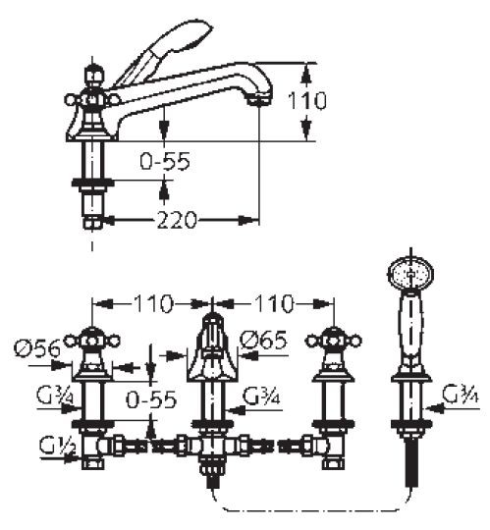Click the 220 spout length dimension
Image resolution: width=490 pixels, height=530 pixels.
click(177, 220)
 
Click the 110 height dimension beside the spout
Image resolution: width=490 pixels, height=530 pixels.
click(307, 100)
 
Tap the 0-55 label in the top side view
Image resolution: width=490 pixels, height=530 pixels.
click(165, 161)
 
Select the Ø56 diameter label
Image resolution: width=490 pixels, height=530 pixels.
click(37, 348)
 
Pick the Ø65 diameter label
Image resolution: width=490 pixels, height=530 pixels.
click(263, 340)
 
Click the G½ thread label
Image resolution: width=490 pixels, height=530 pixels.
click(57, 446)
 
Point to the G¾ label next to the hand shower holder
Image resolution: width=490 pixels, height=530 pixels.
click(461, 395)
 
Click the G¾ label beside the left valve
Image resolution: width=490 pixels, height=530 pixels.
click(55, 397)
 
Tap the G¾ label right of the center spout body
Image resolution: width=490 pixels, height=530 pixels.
click(261, 397)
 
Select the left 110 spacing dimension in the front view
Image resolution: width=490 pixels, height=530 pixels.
click(153, 303)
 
